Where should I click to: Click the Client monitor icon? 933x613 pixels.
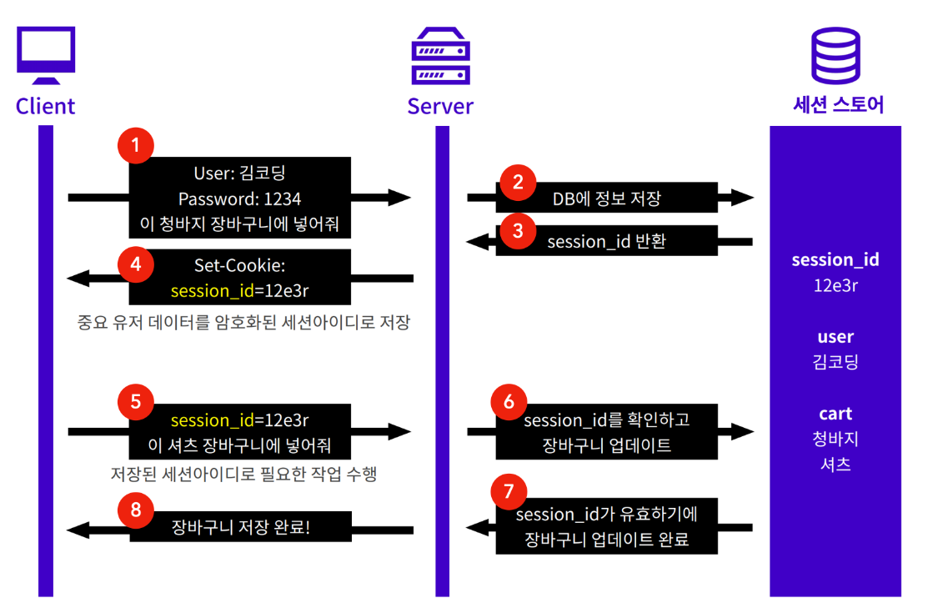(x=46, y=55)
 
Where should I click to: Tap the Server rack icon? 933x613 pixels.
(x=441, y=56)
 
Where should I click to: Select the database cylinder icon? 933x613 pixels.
(x=836, y=55)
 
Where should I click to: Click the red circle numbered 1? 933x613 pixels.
(x=136, y=145)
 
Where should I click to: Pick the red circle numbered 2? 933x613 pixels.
(x=518, y=182)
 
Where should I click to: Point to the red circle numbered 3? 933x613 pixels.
(x=518, y=230)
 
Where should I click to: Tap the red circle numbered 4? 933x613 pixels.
(x=136, y=264)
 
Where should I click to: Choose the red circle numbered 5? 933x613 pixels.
(x=136, y=402)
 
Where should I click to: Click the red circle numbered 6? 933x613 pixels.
(x=509, y=402)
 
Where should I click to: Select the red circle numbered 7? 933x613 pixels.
(x=509, y=491)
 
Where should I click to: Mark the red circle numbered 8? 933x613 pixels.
(x=136, y=510)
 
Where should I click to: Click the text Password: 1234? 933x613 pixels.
(x=240, y=198)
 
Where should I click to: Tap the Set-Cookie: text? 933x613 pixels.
(x=240, y=265)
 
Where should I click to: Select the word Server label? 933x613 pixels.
(x=440, y=106)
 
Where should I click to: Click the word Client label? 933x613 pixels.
(x=45, y=106)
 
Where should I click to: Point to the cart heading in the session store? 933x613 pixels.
(x=835, y=414)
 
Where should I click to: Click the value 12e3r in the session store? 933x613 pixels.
(x=835, y=286)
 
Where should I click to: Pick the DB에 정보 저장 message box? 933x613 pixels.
(x=606, y=198)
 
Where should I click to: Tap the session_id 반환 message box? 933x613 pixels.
(x=606, y=241)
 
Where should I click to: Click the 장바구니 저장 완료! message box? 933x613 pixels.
(x=240, y=527)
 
